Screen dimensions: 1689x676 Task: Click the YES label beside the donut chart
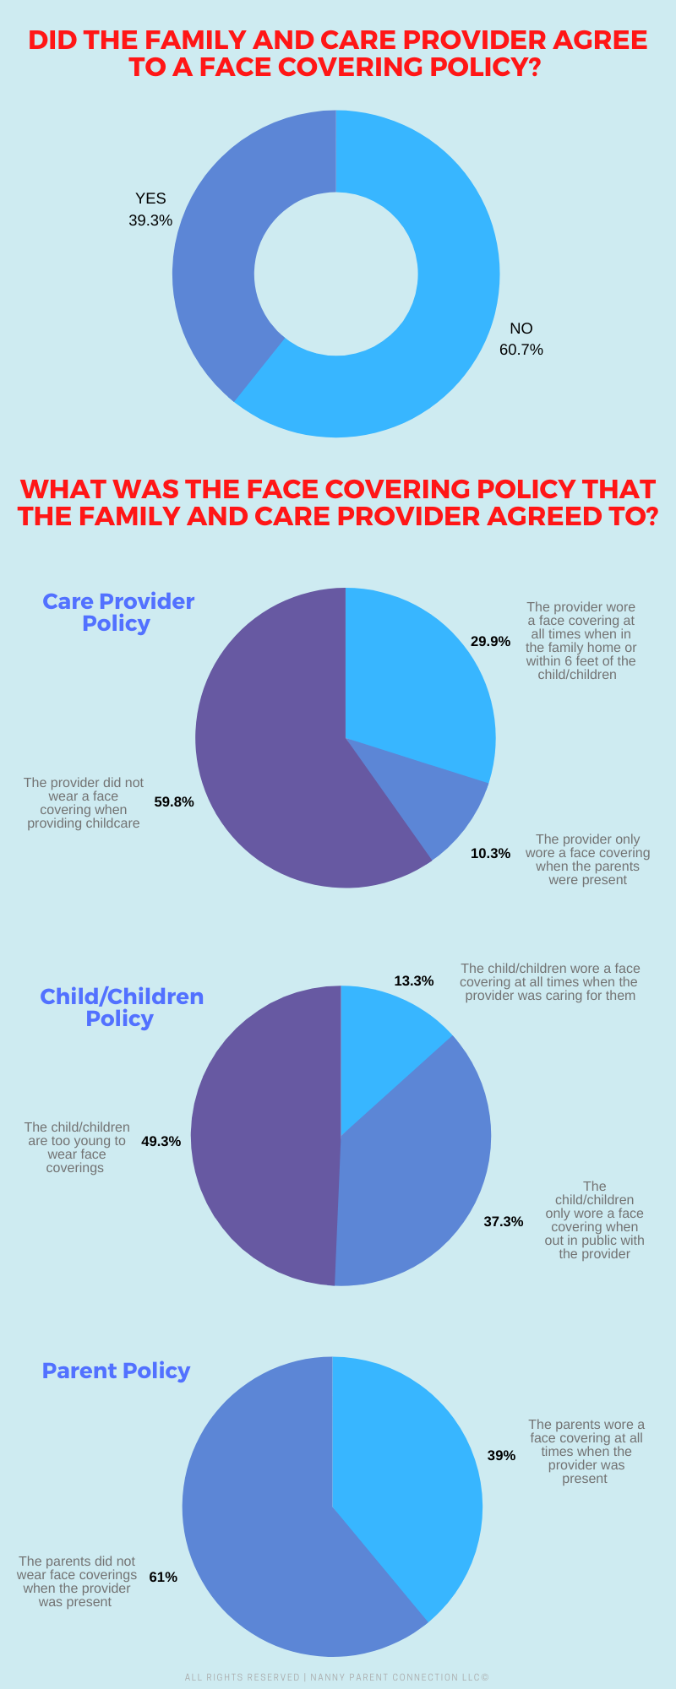click(x=150, y=198)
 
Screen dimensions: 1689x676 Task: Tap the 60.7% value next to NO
click(x=521, y=350)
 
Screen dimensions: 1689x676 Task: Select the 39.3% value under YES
click(x=150, y=220)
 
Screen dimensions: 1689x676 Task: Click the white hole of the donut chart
click(x=336, y=274)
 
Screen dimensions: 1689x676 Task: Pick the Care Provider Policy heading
click(x=117, y=612)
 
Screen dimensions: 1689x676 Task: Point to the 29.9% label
click(x=490, y=642)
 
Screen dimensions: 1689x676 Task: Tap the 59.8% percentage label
click(x=174, y=802)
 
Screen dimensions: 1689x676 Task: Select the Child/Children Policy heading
click(x=122, y=1007)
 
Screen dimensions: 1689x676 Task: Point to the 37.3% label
click(x=503, y=1222)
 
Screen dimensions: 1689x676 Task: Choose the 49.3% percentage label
click(x=161, y=1142)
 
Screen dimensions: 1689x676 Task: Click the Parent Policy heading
click(x=116, y=1371)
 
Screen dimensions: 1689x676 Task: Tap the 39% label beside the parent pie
click(x=501, y=1456)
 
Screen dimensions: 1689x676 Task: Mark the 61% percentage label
click(x=163, y=1578)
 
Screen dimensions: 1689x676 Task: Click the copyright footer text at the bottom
click(x=337, y=1677)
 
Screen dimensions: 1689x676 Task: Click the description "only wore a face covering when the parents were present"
click(x=587, y=860)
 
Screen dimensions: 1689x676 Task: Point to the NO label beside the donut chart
click(x=521, y=329)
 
